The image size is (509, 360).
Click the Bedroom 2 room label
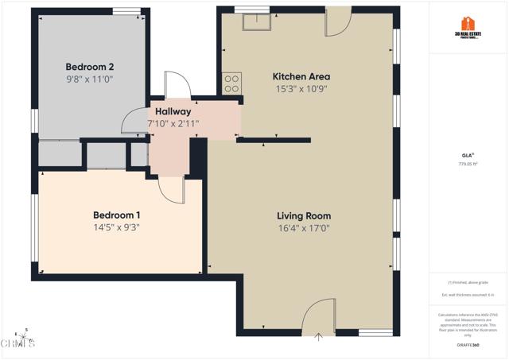[89, 67]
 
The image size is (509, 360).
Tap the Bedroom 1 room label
[117, 215]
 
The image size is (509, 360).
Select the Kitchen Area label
[301, 76]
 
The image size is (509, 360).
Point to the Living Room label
[304, 216]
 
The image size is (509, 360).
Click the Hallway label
[173, 111]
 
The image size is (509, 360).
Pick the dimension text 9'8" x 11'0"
[89, 79]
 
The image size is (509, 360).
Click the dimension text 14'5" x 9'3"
[117, 228]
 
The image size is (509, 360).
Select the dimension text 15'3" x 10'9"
[301, 89]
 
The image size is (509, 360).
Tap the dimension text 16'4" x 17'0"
[304, 229]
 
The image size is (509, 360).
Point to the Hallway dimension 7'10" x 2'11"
[173, 123]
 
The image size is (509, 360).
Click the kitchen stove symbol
[232, 82]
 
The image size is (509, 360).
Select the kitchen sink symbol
[256, 21]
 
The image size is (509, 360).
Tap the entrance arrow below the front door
[319, 337]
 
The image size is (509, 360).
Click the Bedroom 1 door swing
[171, 188]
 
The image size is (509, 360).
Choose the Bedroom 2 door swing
[132, 121]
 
